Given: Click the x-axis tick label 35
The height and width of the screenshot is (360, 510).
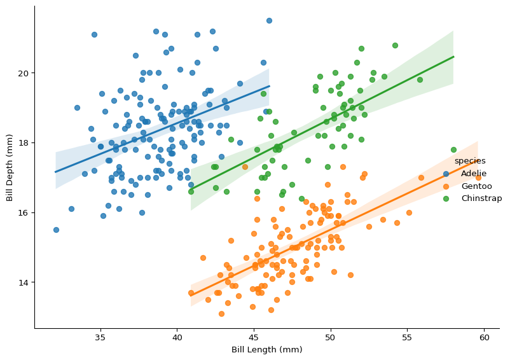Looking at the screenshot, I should coord(100,337).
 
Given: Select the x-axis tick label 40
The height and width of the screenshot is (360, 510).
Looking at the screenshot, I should coord(177,337).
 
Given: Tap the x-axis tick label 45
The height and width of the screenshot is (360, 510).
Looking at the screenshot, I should coord(254,337).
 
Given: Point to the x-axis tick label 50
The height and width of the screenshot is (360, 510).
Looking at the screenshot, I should coord(331,337).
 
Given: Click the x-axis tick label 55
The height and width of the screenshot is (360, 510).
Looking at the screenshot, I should coord(408,337).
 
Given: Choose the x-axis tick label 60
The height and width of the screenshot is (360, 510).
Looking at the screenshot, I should coord(485,337).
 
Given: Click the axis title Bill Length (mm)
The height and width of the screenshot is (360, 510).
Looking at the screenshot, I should coord(266,350).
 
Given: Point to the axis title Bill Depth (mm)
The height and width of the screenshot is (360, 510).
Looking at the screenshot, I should coord(10,167).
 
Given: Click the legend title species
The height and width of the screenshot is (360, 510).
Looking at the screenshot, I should coord(470,161).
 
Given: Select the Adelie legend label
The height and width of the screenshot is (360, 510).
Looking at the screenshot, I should coord(474,174).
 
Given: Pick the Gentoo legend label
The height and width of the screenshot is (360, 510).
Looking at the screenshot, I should coord(476,186).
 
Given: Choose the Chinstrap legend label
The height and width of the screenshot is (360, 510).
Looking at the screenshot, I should coord(481,198).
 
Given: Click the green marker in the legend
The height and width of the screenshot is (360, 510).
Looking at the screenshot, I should coord(446,198).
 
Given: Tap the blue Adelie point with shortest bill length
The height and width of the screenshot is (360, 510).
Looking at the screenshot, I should coord(56,230).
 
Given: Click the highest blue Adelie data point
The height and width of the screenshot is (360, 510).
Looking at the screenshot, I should coord(269,20).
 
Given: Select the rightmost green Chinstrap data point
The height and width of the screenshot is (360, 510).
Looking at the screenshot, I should coord(453,150).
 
